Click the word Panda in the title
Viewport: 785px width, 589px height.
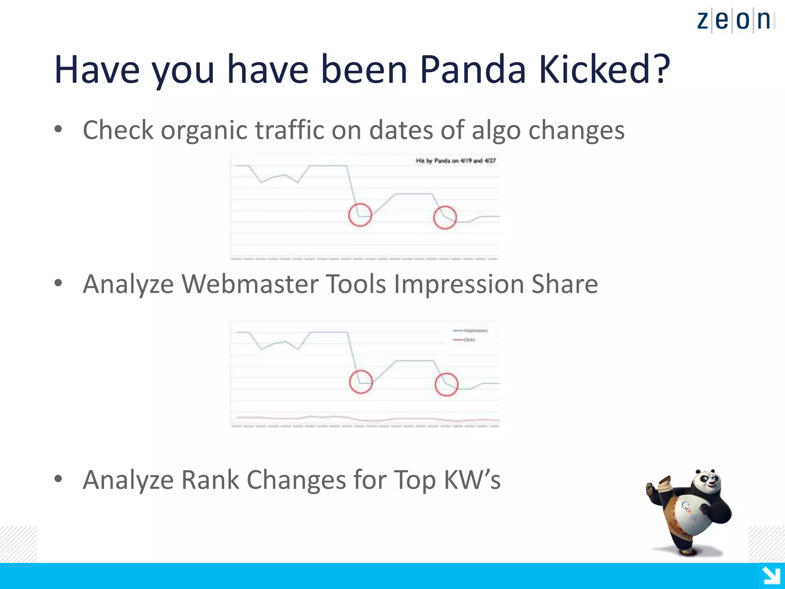coord(473,70)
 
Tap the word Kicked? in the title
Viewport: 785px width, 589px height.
coord(604,70)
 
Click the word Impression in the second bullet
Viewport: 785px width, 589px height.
coord(458,285)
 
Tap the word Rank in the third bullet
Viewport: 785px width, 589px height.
coord(210,480)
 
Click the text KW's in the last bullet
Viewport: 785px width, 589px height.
coord(472,480)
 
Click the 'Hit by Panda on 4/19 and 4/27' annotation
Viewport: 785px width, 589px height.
coord(456,161)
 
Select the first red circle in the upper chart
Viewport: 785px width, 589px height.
coord(360,215)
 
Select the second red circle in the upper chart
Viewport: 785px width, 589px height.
coord(445,217)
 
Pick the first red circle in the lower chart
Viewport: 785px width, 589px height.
coord(361,382)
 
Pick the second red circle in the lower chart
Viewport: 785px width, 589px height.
coord(447,384)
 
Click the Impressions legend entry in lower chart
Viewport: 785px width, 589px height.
coord(471,331)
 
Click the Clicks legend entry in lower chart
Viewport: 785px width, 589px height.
coord(465,340)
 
